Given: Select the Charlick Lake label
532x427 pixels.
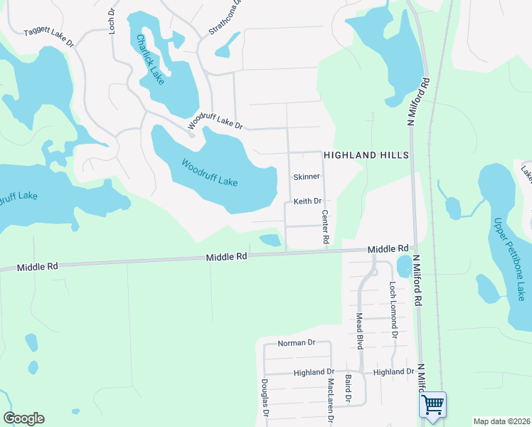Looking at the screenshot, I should point(150,60).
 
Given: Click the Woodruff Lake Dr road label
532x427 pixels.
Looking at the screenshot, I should point(216,123).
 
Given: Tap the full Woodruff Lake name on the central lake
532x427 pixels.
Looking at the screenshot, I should point(209,173).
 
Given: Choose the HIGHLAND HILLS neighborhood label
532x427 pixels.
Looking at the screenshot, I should point(366,155).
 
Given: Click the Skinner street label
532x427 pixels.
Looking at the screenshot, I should point(307,176).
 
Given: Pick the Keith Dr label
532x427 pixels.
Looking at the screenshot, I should point(308,201).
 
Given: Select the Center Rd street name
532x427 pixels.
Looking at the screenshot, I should point(326,227).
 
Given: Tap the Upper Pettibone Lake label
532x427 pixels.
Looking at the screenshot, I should point(509,258).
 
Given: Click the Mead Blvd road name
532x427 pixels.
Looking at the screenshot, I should point(360,331).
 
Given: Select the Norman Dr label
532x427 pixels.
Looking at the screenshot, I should point(296,343).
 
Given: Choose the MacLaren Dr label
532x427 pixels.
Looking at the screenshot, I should point(331,399).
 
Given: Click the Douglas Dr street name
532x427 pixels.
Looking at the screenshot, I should point(265,397).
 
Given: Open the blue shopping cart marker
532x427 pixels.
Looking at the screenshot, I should point(432,406).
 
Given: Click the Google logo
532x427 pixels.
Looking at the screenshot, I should point(23,418).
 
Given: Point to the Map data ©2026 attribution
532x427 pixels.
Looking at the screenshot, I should point(501,421).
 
